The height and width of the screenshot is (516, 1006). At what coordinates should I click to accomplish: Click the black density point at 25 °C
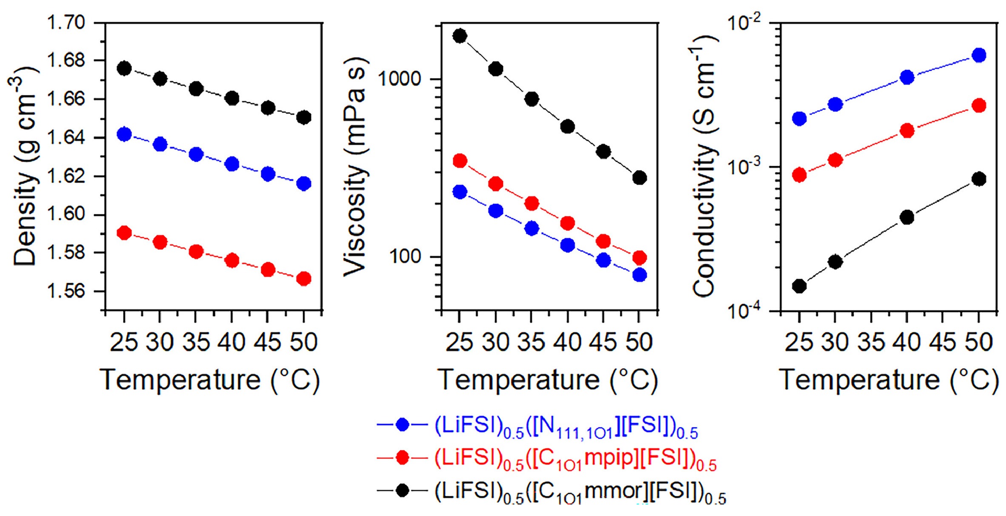[124, 69]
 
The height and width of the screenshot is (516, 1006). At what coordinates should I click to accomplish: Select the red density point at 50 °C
[304, 279]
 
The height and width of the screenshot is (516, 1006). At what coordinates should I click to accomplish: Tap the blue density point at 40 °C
[232, 164]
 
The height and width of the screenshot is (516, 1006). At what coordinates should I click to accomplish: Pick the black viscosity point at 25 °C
[460, 36]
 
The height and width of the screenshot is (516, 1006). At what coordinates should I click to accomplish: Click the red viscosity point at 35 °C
[531, 203]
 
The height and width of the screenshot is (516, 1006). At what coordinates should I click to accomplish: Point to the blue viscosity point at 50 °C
[639, 275]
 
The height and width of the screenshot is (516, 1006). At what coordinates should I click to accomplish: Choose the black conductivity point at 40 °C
[907, 217]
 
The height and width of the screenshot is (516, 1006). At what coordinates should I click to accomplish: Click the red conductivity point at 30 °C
[835, 160]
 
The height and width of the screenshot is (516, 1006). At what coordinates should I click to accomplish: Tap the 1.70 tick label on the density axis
[66, 22]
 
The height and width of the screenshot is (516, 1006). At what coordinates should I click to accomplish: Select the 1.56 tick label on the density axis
[66, 291]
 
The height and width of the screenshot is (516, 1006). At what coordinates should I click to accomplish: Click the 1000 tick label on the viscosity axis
[399, 79]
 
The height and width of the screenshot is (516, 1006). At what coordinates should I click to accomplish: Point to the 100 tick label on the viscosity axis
[404, 257]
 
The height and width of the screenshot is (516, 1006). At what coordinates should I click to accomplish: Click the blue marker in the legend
[402, 425]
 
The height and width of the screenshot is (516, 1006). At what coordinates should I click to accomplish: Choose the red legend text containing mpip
[575, 460]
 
